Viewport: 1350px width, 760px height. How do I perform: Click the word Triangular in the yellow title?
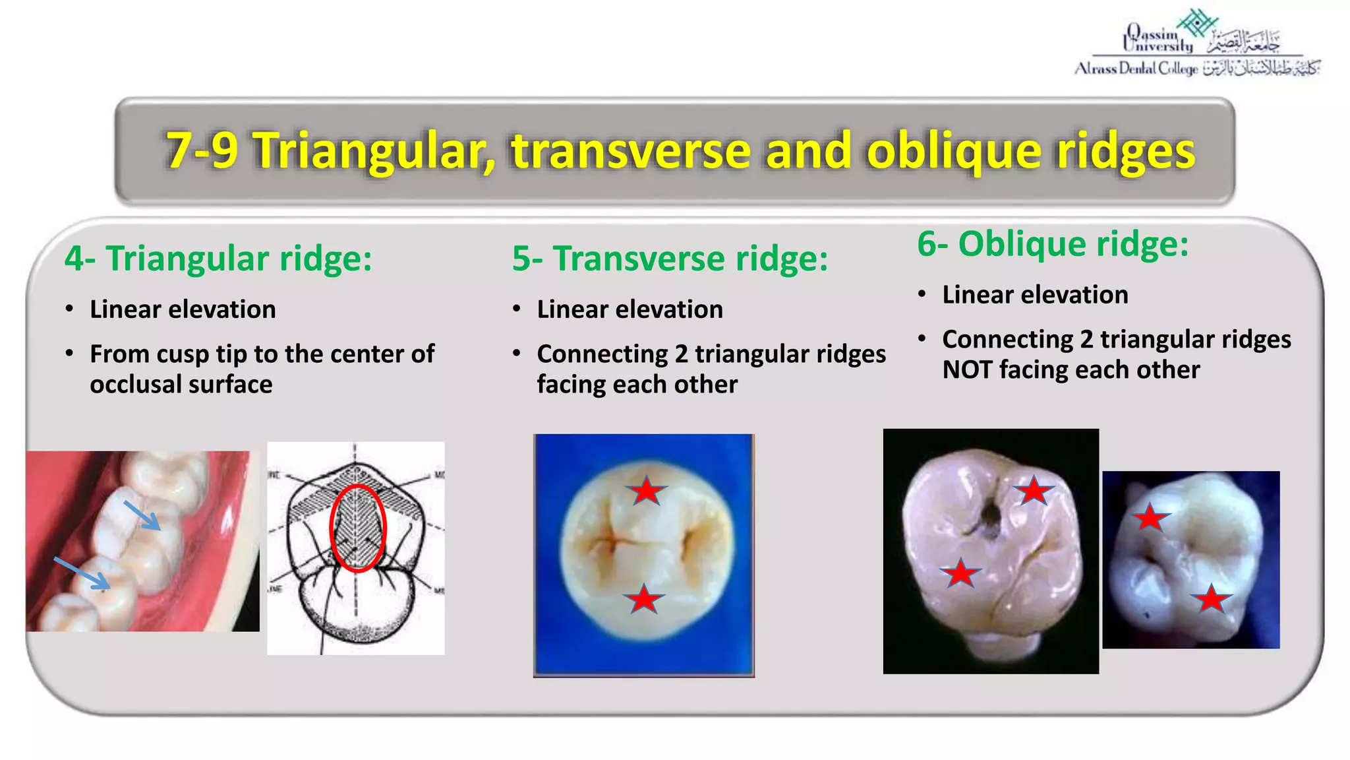(x=373, y=150)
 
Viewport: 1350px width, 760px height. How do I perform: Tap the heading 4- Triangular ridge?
(x=218, y=258)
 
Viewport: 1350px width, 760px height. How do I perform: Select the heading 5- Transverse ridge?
(x=670, y=258)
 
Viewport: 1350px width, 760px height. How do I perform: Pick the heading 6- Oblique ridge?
(x=1053, y=243)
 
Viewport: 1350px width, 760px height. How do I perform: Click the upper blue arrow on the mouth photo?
(x=142, y=515)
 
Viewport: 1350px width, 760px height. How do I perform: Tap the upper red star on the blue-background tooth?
(x=646, y=491)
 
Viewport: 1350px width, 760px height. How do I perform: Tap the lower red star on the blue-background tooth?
(x=643, y=599)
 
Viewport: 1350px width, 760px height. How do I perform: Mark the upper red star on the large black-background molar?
(x=1033, y=491)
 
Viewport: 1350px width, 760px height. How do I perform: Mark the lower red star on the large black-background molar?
(x=960, y=573)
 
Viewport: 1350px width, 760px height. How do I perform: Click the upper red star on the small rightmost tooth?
(x=1151, y=518)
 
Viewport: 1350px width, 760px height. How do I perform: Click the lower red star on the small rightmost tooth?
(x=1212, y=599)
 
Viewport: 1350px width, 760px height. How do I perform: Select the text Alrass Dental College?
(x=1136, y=69)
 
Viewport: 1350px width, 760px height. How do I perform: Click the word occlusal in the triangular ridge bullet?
(x=134, y=384)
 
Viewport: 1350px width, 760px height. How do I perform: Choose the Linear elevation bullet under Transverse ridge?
(x=630, y=309)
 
